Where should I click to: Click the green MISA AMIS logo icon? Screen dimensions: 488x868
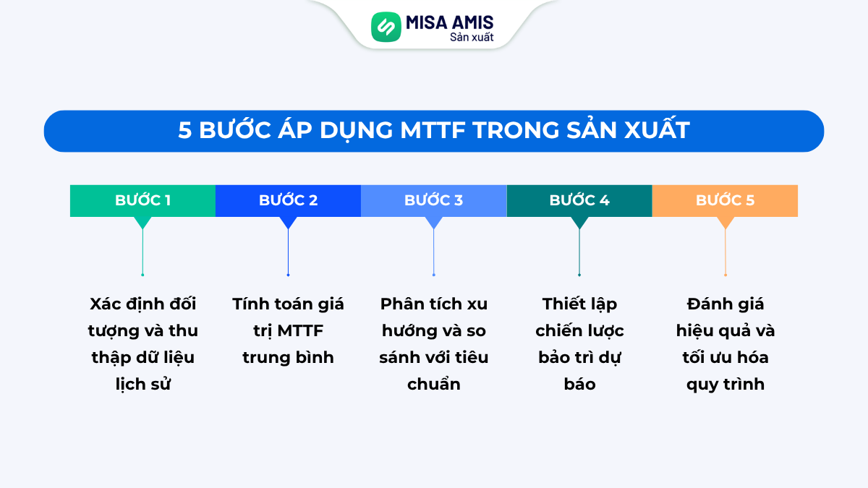(386, 27)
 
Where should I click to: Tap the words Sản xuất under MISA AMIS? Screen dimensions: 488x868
(472, 38)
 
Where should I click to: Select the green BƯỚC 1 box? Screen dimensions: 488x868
(142, 200)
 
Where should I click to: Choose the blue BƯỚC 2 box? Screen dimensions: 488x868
(288, 200)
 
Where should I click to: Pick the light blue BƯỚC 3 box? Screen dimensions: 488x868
(433, 200)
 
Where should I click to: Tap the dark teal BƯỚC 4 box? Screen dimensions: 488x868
(579, 200)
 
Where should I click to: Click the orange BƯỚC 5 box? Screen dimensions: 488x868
(725, 200)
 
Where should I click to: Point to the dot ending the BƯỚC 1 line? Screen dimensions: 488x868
(142, 275)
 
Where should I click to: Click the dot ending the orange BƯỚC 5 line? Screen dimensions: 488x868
(725, 275)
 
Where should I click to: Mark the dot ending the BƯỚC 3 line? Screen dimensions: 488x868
(433, 275)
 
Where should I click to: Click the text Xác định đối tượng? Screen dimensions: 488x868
(142, 317)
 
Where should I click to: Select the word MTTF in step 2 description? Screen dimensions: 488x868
(299, 330)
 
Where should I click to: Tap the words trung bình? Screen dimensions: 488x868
(288, 357)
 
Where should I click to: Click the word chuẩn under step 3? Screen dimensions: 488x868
(433, 384)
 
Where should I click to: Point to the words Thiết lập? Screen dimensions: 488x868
(579, 304)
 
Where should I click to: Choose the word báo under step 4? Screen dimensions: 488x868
(579, 384)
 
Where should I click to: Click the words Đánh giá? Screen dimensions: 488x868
(725, 304)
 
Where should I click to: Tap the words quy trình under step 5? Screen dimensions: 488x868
(725, 384)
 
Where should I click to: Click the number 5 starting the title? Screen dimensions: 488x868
(184, 131)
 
